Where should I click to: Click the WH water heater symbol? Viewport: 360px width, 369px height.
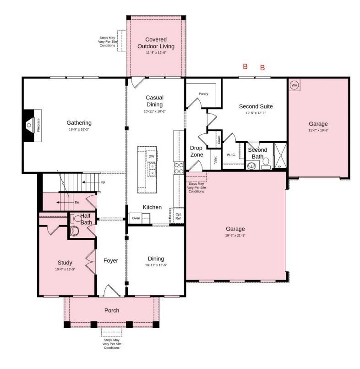(x=294, y=85)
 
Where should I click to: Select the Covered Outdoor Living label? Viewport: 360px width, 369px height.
(x=156, y=43)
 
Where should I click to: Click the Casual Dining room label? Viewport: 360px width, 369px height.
(x=154, y=101)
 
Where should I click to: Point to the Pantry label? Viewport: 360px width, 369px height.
(x=203, y=94)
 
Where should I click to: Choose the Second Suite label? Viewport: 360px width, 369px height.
(x=256, y=106)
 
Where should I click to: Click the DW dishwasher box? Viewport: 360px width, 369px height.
(x=151, y=157)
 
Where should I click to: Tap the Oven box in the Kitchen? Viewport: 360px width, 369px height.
(x=136, y=218)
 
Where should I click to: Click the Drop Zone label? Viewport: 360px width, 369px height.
(x=196, y=151)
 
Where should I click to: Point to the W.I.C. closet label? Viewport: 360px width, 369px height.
(x=231, y=154)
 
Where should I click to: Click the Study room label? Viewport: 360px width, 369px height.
(x=65, y=263)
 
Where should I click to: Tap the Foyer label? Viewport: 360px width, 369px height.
(x=110, y=261)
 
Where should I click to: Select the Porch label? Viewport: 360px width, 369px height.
(x=111, y=310)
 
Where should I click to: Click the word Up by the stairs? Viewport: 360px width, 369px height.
(x=103, y=182)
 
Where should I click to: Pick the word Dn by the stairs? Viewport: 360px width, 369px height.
(x=76, y=202)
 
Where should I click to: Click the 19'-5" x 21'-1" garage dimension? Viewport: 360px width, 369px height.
(x=235, y=236)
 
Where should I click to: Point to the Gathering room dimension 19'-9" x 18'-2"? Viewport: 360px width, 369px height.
(x=79, y=130)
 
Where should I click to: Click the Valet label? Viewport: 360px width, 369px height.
(x=214, y=160)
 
